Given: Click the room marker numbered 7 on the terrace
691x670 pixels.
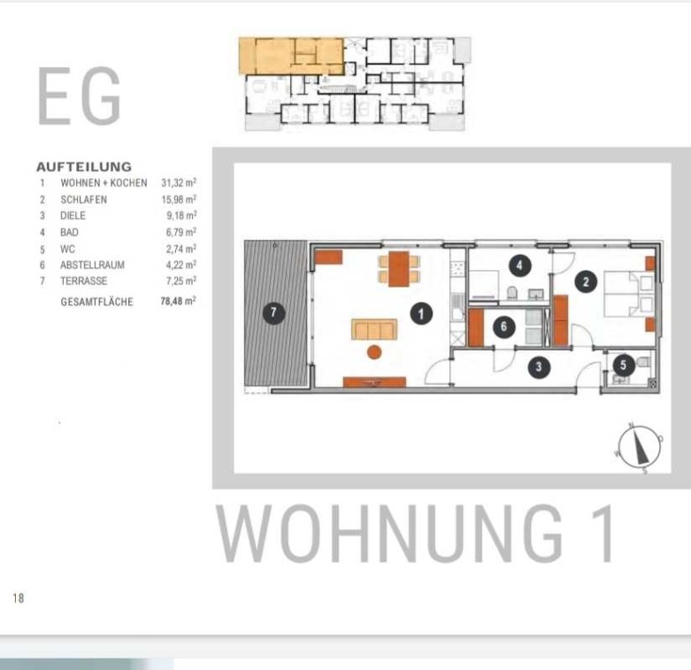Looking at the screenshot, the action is [x=273, y=312].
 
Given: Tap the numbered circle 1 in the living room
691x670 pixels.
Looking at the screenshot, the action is [x=421, y=313].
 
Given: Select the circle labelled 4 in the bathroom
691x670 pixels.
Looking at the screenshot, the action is [x=519, y=266].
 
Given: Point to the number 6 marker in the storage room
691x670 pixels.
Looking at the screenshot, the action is [x=504, y=327].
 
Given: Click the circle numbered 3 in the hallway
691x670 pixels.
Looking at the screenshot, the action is [x=539, y=366].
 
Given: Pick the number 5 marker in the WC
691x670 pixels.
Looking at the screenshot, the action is [x=623, y=365].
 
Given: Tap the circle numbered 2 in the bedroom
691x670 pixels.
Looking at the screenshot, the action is [x=586, y=281].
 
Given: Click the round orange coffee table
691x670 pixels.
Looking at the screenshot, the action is [x=374, y=352].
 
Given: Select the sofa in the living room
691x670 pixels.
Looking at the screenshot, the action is [x=374, y=329].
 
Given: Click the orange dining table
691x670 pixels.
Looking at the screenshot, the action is [x=398, y=269].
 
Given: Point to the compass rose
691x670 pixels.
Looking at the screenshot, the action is [x=639, y=448].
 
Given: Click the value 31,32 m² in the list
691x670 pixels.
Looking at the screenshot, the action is [x=179, y=182].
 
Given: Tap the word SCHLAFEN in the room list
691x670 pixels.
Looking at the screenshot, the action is [x=84, y=200].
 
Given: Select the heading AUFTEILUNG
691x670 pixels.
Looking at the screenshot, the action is [x=84, y=166].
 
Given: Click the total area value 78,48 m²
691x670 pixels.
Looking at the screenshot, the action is [x=178, y=301].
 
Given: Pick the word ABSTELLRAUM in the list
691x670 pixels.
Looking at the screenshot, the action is [x=92, y=265].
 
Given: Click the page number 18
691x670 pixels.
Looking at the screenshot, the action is [x=18, y=597].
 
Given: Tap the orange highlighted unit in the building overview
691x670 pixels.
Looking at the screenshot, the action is [x=291, y=56].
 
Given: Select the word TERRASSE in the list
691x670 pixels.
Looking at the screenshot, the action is [x=84, y=281].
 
